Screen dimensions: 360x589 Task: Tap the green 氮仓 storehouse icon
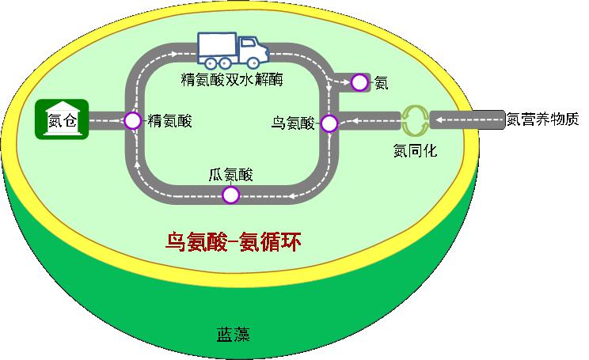(x=62, y=120)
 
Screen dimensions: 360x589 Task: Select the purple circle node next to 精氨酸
(x=132, y=120)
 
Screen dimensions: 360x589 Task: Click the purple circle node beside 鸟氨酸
(x=329, y=123)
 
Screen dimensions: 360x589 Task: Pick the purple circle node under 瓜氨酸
(x=230, y=195)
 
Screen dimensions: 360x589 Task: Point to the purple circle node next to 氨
(x=360, y=81)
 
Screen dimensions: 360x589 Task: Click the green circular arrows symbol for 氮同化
(x=414, y=121)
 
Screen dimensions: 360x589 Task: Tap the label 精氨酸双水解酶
(x=232, y=80)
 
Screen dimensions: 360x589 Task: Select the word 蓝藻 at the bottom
(x=233, y=334)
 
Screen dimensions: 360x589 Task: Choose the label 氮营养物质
(x=544, y=120)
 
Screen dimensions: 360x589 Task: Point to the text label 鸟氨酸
(x=293, y=123)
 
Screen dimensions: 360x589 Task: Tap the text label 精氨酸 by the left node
(x=169, y=121)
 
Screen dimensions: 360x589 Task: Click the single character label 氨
(x=381, y=82)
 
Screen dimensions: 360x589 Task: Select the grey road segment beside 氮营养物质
(x=467, y=120)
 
